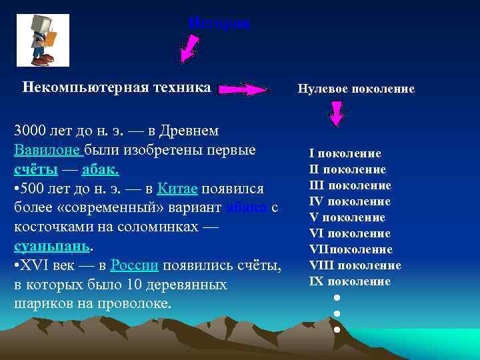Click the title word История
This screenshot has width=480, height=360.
pos(219,23)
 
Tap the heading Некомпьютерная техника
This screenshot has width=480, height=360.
pos(117,87)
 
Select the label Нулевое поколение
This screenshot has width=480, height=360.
pos(356,89)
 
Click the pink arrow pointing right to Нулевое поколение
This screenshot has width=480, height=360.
pos(243,89)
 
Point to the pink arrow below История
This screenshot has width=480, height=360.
pos(190,49)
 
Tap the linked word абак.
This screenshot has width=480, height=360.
pos(100,169)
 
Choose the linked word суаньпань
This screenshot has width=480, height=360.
pos(51,247)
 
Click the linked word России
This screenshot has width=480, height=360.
pos(134,265)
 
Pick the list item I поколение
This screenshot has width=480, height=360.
pos(345,153)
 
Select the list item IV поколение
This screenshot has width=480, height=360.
pos(350,201)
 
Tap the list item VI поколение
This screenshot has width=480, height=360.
pos(350,233)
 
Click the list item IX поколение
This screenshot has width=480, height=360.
pos(350,281)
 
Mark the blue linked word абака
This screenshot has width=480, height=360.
pos(247,208)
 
